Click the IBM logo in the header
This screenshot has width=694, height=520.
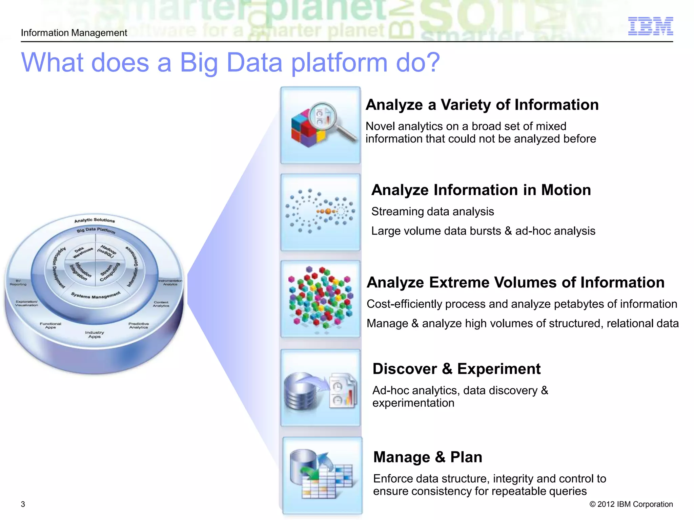650,26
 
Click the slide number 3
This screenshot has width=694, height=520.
23,504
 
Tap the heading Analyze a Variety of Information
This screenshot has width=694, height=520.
482,105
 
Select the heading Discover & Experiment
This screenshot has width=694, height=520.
456,369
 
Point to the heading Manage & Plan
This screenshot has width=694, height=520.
427,457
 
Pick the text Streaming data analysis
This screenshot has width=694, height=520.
432,212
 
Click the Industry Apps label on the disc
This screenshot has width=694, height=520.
95,334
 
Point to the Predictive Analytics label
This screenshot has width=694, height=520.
139,325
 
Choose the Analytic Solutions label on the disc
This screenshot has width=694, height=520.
95,220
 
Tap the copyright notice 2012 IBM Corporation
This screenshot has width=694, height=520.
631,504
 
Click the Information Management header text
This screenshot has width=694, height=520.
74,33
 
